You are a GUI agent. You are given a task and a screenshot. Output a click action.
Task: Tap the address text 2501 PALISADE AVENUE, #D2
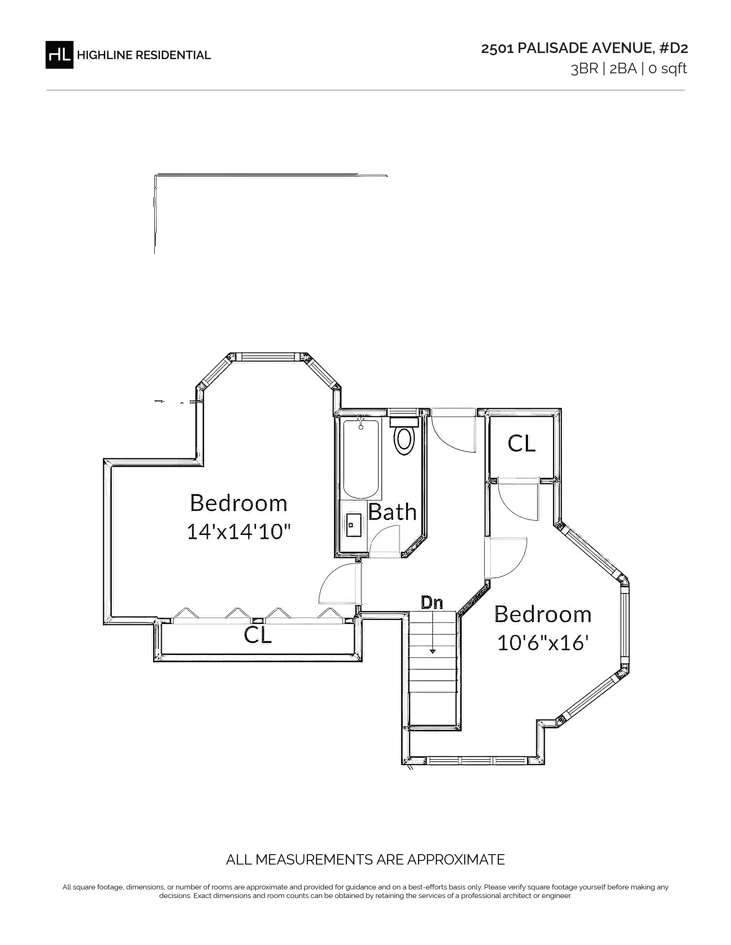point(584,48)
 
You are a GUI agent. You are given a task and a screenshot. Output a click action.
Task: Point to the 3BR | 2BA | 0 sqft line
point(629,69)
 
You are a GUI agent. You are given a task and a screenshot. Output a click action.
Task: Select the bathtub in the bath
point(361,459)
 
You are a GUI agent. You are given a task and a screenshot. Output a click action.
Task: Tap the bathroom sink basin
point(354,525)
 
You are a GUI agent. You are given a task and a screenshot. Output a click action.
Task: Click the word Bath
point(392,512)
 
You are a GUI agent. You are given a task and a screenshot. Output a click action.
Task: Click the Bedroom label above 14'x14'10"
point(239,503)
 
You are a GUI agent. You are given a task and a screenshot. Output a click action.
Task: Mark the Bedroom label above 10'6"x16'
point(543,615)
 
